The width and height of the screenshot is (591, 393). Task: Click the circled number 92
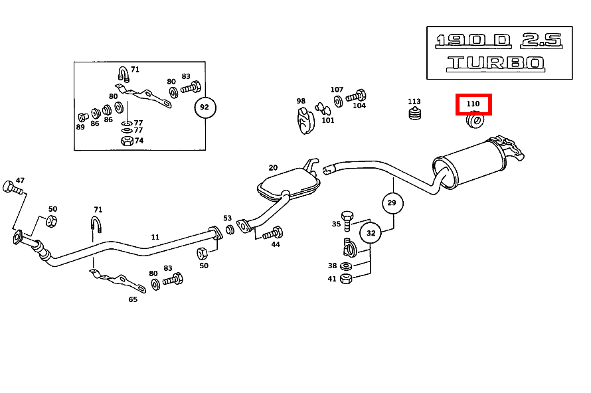click(205, 106)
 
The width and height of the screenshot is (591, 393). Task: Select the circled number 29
click(392, 202)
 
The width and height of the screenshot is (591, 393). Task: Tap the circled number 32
click(371, 233)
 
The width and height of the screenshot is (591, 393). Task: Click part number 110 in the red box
click(473, 104)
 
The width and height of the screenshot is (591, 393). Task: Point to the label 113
click(414, 102)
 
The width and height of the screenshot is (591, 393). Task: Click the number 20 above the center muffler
click(273, 167)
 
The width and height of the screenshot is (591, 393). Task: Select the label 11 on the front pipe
click(155, 236)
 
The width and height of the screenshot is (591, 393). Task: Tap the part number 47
click(20, 180)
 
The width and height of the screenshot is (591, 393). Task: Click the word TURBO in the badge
click(495, 64)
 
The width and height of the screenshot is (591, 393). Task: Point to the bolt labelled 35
click(347, 218)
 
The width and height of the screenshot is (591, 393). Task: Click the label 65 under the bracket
click(133, 299)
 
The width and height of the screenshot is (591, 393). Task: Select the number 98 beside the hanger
click(301, 102)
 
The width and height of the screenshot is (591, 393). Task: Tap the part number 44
click(275, 244)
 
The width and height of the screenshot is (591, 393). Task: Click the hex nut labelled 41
click(345, 279)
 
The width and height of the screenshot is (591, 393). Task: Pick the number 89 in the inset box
click(80, 127)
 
